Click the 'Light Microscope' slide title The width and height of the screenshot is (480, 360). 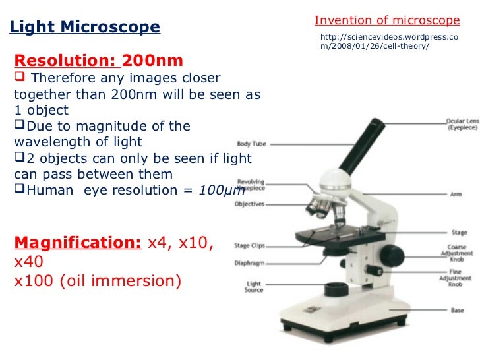pyautogui.click(x=84, y=28)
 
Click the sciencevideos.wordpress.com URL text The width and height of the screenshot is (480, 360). pyautogui.click(x=388, y=43)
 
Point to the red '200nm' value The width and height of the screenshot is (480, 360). pyautogui.click(x=153, y=61)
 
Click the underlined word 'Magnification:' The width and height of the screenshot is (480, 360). pyautogui.click(x=77, y=242)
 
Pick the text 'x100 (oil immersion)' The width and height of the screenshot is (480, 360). pyautogui.click(x=97, y=280)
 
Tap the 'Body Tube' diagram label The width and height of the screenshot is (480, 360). pyautogui.click(x=251, y=143)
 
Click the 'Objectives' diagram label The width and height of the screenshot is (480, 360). pyautogui.click(x=249, y=204)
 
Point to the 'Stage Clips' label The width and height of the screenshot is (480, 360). pyautogui.click(x=249, y=245)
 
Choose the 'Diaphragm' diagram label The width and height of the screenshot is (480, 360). pyautogui.click(x=250, y=263)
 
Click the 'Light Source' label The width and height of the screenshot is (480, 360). pyautogui.click(x=255, y=287)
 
